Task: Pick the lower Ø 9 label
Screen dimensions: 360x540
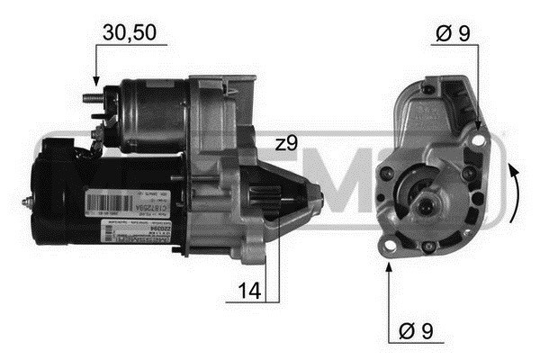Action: (414, 331)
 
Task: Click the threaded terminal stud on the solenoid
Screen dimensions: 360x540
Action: (91, 97)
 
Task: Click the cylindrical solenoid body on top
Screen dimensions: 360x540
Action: (153, 108)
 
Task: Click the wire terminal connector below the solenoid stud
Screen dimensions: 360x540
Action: (95, 135)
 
